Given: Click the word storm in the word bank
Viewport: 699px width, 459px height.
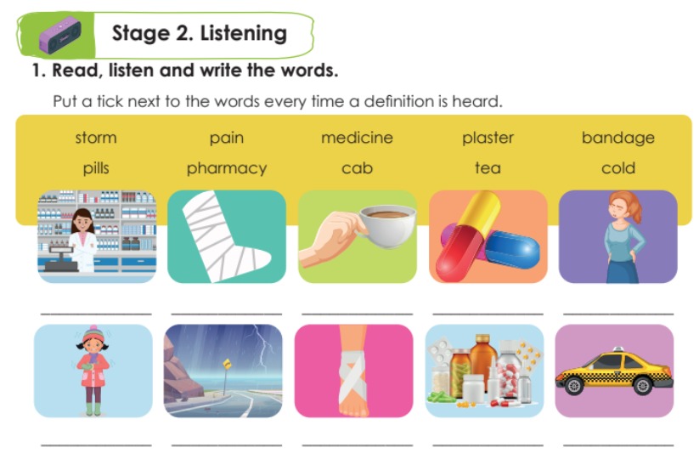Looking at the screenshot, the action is coord(96,138).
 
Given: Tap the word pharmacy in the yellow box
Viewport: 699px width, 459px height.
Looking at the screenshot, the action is coord(227,168).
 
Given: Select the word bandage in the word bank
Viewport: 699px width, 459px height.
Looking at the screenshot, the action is coord(617,139).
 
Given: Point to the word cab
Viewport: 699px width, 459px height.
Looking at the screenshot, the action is coord(357,168).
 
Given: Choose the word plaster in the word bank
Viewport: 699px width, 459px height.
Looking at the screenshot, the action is coord(488,138).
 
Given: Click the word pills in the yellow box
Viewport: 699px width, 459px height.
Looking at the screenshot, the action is coord(96,168).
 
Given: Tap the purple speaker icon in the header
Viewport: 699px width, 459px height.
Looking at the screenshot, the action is coord(59,36).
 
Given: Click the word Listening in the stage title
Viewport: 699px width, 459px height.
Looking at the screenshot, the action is coord(244,34).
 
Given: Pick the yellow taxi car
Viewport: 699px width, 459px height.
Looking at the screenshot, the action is coord(614,371).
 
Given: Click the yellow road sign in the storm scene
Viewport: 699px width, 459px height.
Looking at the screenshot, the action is coord(228,365).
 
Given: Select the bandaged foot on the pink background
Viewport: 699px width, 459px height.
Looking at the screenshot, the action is coord(354,371).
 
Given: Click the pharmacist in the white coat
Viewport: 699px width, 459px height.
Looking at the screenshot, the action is coord(83,240).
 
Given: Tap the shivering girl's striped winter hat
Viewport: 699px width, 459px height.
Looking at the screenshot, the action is coord(93,333).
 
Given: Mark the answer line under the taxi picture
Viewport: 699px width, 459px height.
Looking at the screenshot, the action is coord(617,445).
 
